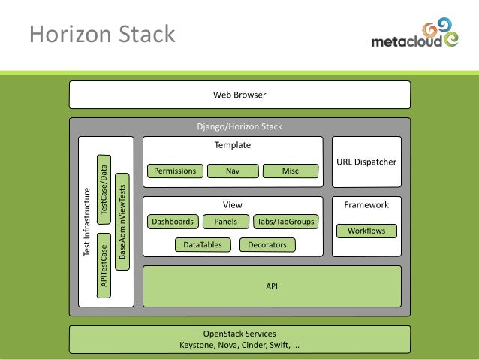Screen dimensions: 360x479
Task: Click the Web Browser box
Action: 239,95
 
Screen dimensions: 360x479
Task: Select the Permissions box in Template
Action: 175,171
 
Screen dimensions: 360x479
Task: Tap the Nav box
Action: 233,171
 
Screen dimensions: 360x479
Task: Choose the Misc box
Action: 291,171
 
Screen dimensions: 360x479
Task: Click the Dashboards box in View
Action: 173,222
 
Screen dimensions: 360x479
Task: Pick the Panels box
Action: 225,222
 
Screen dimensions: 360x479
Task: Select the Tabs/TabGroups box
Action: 285,222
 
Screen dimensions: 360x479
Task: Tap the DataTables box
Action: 202,245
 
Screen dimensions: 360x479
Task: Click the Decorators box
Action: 267,245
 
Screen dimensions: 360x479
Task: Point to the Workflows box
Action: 366,231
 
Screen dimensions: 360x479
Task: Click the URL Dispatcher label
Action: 366,162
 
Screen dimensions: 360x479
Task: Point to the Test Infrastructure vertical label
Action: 86,222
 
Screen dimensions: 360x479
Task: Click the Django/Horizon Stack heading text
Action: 239,127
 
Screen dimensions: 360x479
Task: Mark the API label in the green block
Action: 272,286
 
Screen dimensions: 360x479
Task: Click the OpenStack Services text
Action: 239,334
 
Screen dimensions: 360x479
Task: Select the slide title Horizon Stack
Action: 101,34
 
